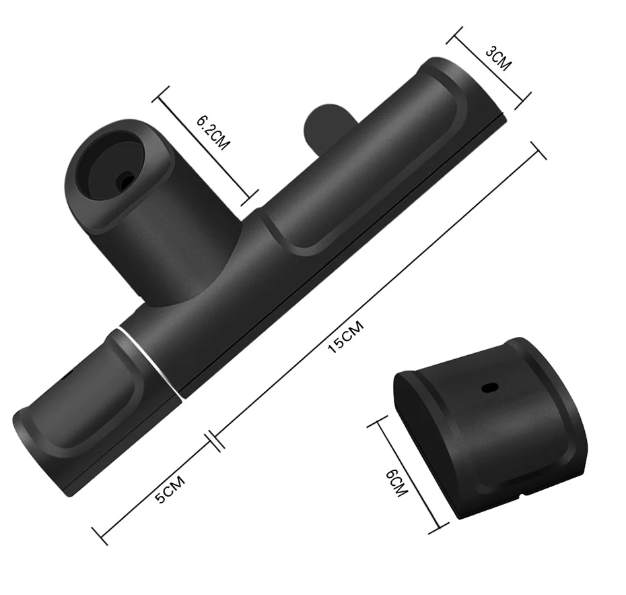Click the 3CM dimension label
pos(498,59)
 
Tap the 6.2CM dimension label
pos(213,133)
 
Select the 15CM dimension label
pos(346,336)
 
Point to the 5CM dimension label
pos(170,489)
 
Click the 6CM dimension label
pos(396,482)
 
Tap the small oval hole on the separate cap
pos(490,387)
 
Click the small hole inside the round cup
pos(125,179)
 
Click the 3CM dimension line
pos(489,68)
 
